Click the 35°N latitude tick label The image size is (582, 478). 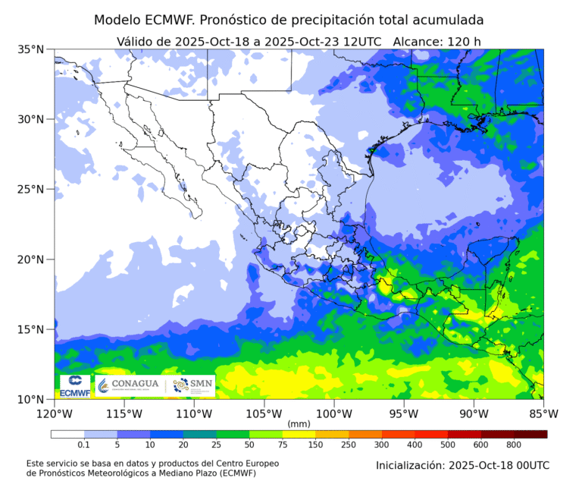click(x=30, y=49)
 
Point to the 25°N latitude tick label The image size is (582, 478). click(x=30, y=189)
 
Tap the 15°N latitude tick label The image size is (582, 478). click(x=30, y=329)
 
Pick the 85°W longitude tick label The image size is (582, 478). click(x=543, y=414)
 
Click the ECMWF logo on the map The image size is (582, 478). click(x=75, y=385)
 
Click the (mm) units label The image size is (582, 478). click(x=299, y=423)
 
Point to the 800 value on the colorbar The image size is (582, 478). click(x=514, y=445)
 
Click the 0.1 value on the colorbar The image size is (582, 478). click(x=84, y=445)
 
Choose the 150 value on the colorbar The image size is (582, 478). click(x=315, y=445)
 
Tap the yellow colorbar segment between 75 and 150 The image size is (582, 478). click(x=299, y=435)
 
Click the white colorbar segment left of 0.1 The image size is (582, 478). click(x=67, y=435)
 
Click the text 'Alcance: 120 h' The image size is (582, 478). click(x=438, y=40)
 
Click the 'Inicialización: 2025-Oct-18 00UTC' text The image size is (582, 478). click(x=462, y=464)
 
